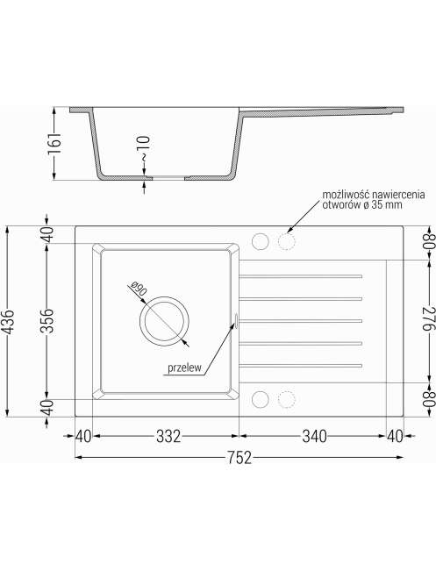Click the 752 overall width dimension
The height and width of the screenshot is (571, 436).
pos(239,458)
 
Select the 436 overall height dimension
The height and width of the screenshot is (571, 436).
pos(8,322)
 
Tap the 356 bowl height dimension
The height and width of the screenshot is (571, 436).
pos(46,320)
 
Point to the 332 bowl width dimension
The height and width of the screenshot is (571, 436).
pos(168,436)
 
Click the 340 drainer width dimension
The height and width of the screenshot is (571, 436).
pos(315,436)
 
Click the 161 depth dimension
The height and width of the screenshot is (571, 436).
pos(54,143)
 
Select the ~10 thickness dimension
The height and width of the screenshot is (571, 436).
pos(144,148)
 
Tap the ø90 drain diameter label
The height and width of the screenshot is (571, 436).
pos(139,289)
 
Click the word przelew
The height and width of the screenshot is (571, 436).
pos(184,368)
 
